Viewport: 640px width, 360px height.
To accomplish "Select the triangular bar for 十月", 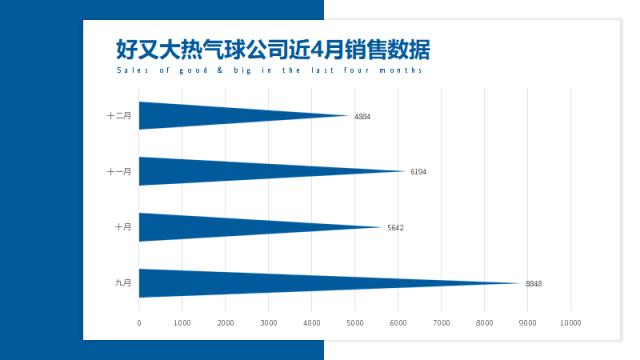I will point(220,227).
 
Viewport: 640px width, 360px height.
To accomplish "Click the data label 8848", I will point(533,284).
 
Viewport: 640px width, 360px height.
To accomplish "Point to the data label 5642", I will point(395,228).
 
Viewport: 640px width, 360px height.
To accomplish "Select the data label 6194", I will point(418,172).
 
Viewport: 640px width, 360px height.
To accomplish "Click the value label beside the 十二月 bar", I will point(362,116).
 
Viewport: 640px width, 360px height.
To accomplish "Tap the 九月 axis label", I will point(123,283).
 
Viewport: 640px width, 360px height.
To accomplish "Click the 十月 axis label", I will point(123,227).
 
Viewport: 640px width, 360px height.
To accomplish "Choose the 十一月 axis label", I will point(119,171).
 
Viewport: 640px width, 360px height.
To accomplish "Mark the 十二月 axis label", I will point(119,115).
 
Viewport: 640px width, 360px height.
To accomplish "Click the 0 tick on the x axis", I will point(139,322).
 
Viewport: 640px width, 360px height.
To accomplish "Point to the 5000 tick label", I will point(355,322).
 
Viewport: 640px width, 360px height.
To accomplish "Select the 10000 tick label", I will point(570,322).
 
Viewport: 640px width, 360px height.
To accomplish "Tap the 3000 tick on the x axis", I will point(268,322).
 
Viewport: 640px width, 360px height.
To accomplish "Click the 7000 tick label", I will point(441,322).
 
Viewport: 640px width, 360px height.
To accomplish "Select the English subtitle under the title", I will point(269,71).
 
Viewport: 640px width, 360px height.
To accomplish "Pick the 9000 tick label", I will point(527,322).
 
